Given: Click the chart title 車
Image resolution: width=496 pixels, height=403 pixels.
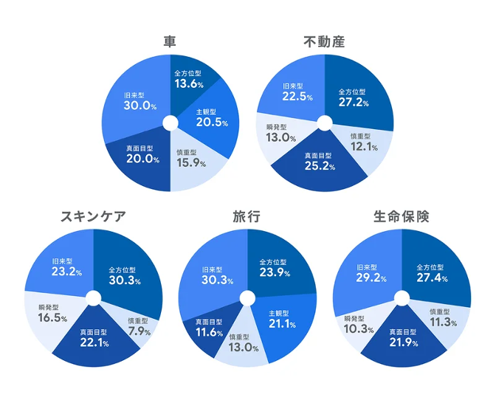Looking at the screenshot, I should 170,41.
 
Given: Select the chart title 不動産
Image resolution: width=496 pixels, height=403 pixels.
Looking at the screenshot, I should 324,41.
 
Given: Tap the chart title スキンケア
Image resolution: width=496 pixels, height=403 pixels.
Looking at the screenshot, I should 92,216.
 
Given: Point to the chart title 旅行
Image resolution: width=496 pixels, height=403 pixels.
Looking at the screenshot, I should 246,216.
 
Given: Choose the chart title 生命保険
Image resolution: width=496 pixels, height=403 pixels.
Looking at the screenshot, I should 401,216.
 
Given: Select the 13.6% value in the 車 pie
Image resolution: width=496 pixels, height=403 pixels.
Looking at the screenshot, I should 189,83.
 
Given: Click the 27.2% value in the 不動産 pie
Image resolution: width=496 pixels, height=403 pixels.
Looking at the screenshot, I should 353,102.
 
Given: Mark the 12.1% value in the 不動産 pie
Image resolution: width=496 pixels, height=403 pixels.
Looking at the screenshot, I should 363,147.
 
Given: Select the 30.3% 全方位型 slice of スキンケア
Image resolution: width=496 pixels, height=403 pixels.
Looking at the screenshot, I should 124,276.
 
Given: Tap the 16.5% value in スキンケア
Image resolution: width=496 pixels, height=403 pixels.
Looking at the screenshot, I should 53,318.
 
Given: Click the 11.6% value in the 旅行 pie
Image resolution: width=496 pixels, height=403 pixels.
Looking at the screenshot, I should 209,332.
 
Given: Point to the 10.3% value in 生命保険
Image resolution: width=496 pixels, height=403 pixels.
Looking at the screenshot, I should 359,328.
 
